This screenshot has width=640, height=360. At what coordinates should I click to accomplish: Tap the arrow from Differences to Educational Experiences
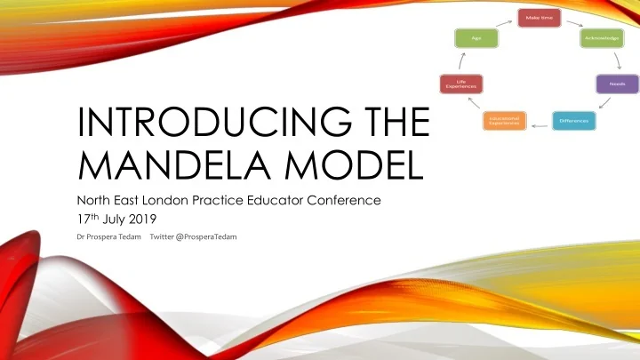click(537, 124)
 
